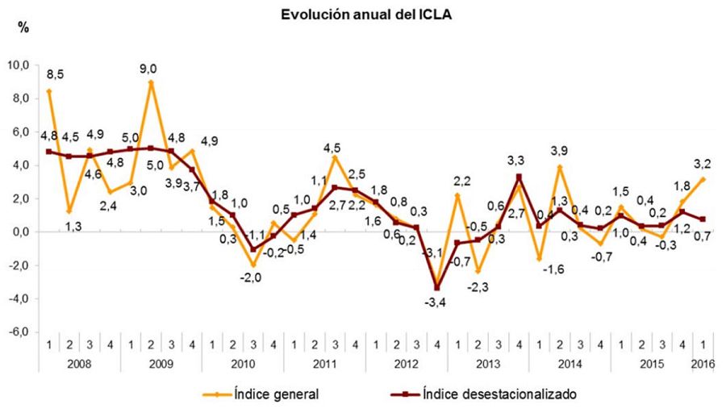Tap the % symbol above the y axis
pos(23,28)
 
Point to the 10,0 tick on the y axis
pos(19,65)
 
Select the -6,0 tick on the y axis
pos(19,332)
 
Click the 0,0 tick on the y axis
pos(20,232)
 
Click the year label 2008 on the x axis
pos(80,364)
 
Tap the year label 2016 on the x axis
pos(703,364)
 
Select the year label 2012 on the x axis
pos(407,364)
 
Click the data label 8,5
pos(55,75)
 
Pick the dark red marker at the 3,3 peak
pos(519,177)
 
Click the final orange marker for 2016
pos(703,179)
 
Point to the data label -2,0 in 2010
pos(253,278)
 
